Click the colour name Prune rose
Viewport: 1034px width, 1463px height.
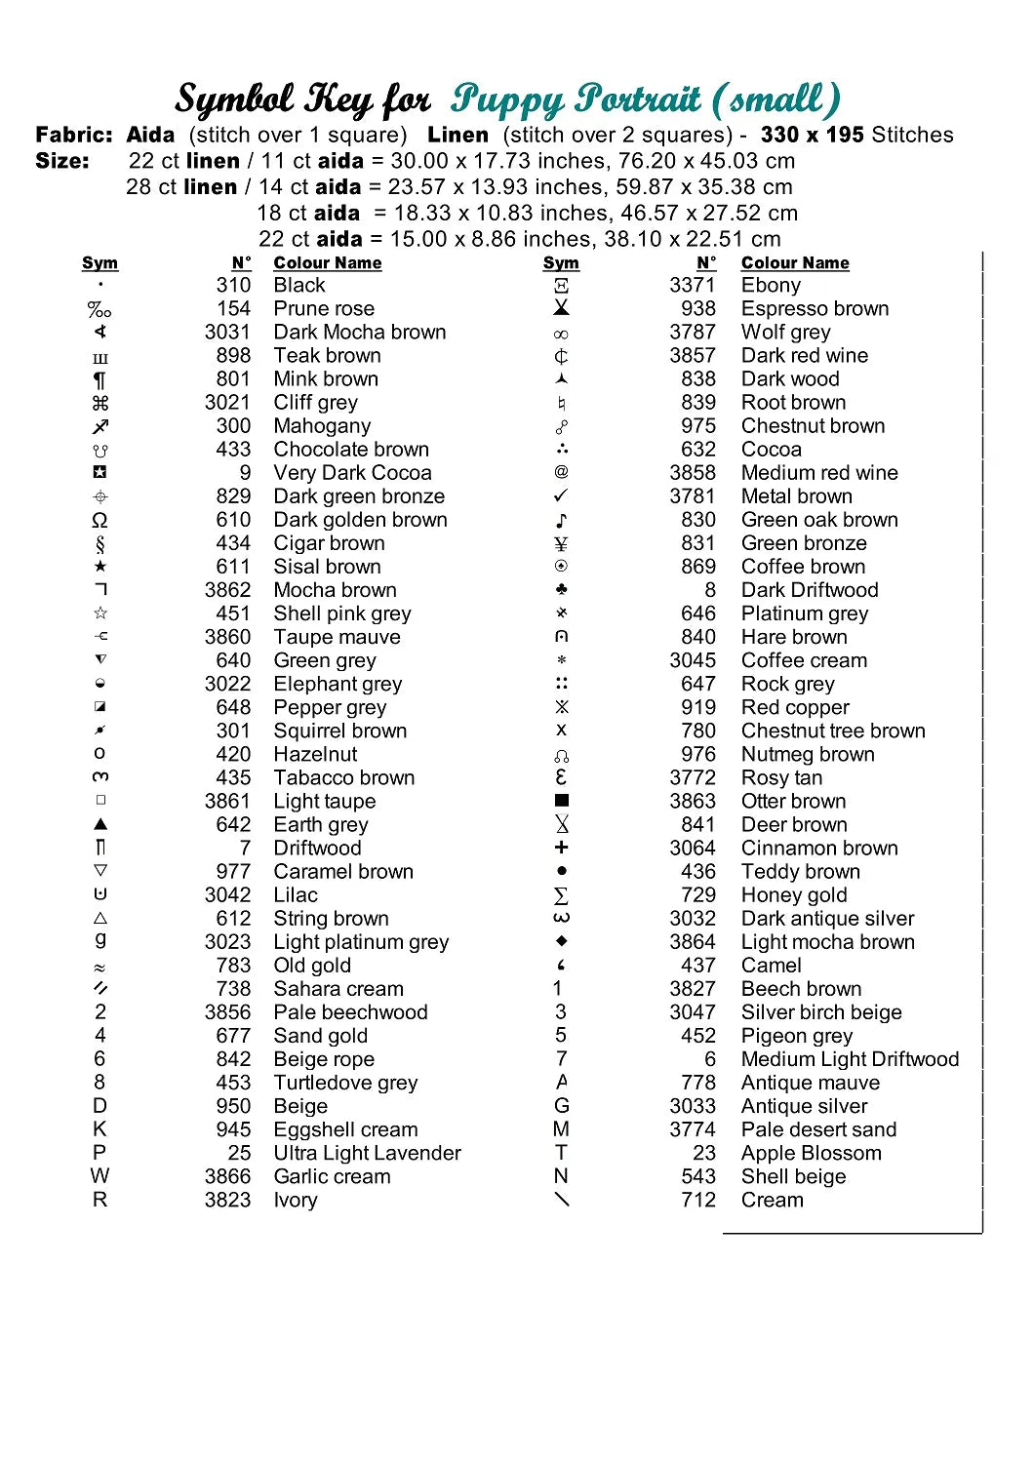pyautogui.click(x=324, y=309)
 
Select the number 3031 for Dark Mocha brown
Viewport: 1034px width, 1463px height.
pyautogui.click(x=227, y=333)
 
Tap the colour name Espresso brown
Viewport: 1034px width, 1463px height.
pyautogui.click(x=815, y=309)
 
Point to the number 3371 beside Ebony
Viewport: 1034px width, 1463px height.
pyautogui.click(x=692, y=286)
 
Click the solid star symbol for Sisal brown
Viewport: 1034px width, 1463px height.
pyautogui.click(x=99, y=567)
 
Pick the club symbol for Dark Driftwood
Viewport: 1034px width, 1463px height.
pyautogui.click(x=561, y=590)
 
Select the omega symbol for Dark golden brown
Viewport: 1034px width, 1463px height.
pyautogui.click(x=99, y=520)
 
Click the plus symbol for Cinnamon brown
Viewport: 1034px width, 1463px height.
pyautogui.click(x=561, y=848)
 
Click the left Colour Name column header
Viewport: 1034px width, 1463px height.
pyautogui.click(x=328, y=263)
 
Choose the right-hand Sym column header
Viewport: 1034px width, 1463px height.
pyautogui.click(x=561, y=263)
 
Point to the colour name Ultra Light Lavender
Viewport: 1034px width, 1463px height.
pyautogui.click(x=367, y=1153)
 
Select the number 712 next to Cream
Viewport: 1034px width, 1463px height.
pyautogui.click(x=698, y=1200)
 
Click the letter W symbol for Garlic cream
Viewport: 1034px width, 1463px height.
pyautogui.click(x=99, y=1176)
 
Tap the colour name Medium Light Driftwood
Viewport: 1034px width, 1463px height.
pyautogui.click(x=850, y=1059)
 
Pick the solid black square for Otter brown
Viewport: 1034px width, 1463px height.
pyautogui.click(x=561, y=801)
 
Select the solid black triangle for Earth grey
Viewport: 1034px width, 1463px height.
pyautogui.click(x=99, y=824)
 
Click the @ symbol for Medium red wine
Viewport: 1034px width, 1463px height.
pyautogui.click(x=561, y=472)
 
